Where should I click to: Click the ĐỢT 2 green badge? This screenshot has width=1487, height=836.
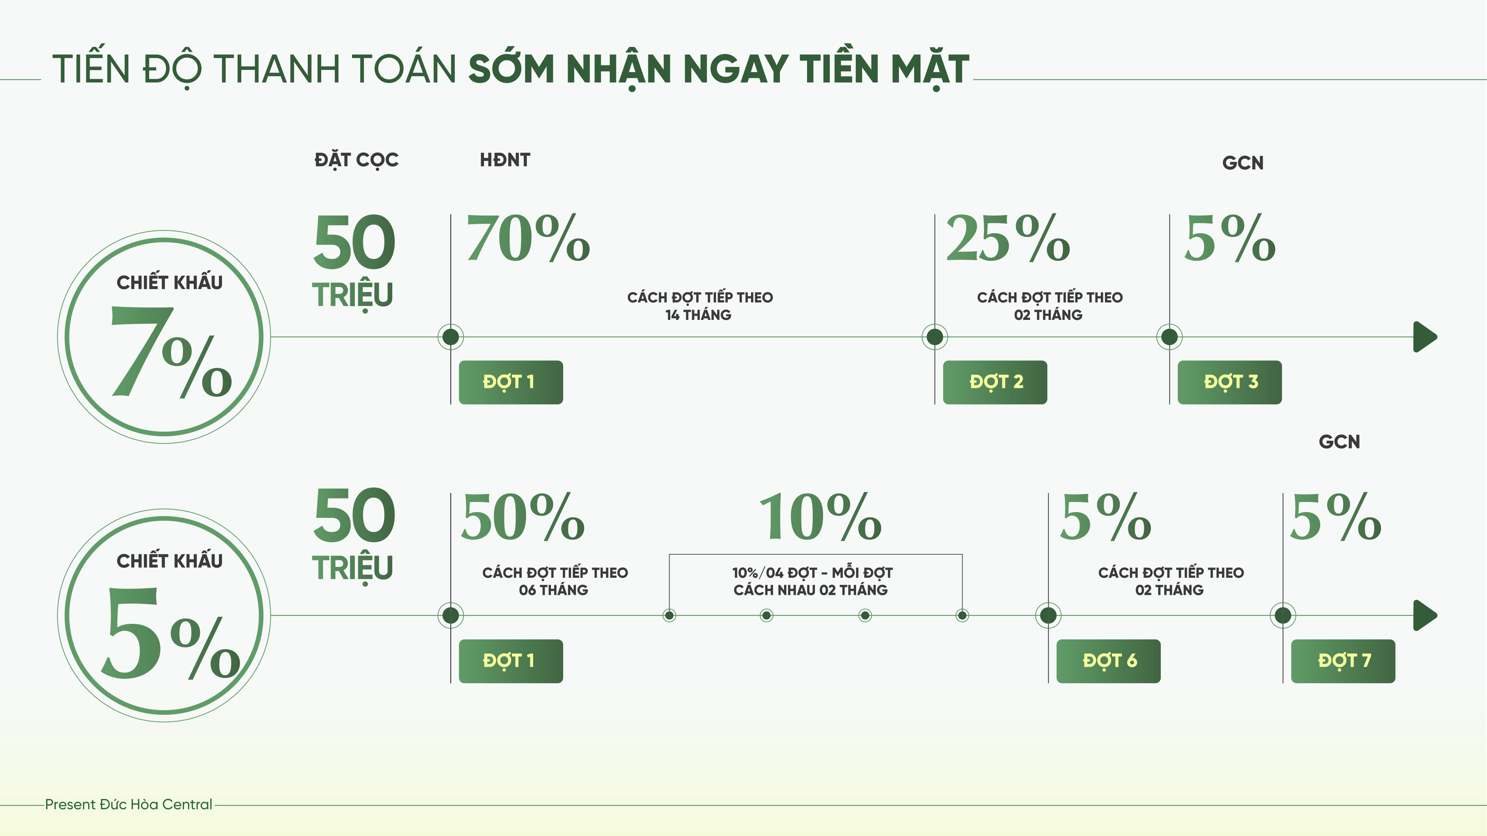(994, 382)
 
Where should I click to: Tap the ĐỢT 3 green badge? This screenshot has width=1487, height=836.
(1229, 382)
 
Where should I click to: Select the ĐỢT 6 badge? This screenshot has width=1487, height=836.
(1108, 661)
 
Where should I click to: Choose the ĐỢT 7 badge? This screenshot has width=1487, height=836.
(1343, 661)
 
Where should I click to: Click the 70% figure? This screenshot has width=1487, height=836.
(528, 238)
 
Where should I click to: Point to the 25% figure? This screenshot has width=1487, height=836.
(1008, 238)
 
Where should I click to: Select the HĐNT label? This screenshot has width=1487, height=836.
(504, 160)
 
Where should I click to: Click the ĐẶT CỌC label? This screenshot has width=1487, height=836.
(356, 160)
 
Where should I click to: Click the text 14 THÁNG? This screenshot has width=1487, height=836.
(699, 315)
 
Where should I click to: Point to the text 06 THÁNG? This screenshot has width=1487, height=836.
(553, 590)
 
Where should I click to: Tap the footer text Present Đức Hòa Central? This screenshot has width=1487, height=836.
(129, 804)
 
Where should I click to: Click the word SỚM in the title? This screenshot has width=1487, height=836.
(512, 69)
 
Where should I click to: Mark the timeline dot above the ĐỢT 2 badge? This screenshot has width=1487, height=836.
(935, 337)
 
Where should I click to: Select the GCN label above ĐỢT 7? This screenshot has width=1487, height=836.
(1339, 442)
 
